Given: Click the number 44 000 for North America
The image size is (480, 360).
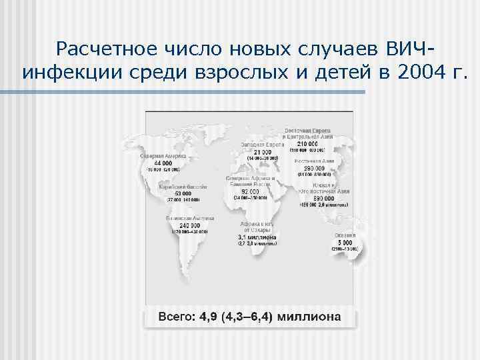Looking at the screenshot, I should [163, 162].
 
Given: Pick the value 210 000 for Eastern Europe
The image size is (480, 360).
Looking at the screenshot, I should [307, 143].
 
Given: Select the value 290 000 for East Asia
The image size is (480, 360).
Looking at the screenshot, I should [315, 168].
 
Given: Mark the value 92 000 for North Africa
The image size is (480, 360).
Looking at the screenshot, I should [251, 191].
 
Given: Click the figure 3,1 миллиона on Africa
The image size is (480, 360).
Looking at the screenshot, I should [257, 237].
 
